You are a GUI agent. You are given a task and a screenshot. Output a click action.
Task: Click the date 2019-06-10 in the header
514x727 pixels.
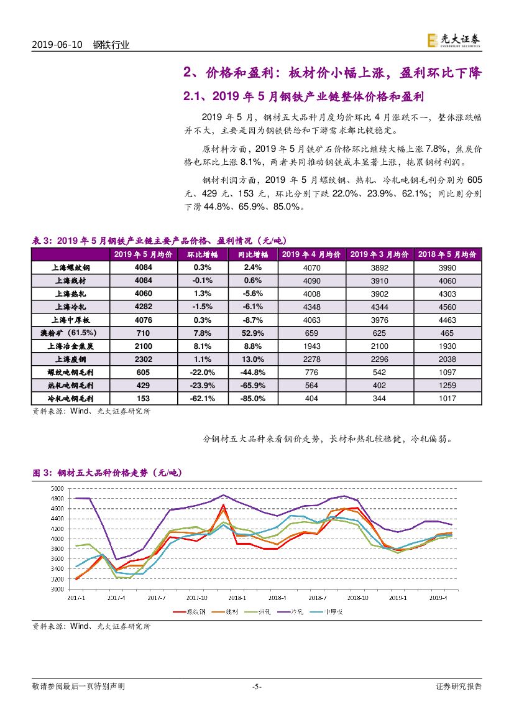coord(58,45)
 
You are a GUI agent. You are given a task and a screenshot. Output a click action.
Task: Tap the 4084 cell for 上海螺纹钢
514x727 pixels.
coord(143,267)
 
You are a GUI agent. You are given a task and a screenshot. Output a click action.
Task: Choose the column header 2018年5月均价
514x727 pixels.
coord(447,254)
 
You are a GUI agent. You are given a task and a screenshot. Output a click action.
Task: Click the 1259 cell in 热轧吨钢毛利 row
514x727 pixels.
coord(447,385)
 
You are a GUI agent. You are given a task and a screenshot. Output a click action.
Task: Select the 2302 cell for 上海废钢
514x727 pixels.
coord(143,359)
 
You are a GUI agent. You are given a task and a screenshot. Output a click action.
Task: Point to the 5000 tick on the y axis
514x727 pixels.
coord(57,489)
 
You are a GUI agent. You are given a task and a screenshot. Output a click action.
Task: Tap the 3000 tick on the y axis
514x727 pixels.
coord(57,588)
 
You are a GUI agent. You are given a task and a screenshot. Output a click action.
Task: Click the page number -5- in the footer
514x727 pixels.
coord(256,687)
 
